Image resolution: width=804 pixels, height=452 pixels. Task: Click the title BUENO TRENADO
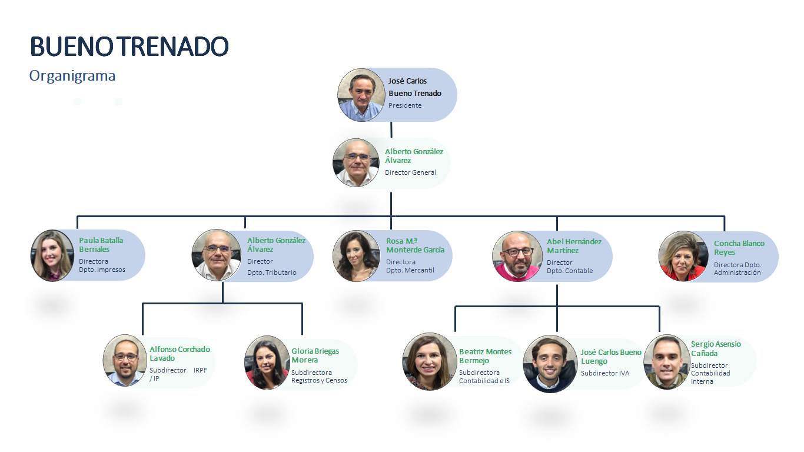(x=129, y=46)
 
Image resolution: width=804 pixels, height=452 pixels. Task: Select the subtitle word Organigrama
(x=72, y=76)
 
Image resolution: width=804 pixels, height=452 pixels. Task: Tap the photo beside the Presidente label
(x=361, y=95)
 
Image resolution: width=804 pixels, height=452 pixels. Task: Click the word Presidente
(x=405, y=105)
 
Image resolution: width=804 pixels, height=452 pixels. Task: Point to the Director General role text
(x=410, y=172)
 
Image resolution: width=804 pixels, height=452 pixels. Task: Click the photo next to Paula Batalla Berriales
(x=52, y=255)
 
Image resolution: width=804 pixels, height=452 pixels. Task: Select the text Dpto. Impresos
(x=102, y=270)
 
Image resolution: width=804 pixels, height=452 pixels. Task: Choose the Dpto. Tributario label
(x=271, y=272)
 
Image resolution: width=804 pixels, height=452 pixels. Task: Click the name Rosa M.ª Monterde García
(x=415, y=245)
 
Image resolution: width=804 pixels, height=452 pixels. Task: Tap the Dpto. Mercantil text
(x=410, y=271)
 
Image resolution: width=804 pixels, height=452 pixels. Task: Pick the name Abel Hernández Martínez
(x=574, y=246)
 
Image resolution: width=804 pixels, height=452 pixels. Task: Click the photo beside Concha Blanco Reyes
(x=683, y=256)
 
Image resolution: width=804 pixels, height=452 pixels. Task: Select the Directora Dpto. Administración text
(x=737, y=268)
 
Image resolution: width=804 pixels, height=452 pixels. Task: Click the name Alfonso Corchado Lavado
(x=180, y=354)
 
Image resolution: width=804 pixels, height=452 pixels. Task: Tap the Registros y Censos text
(x=319, y=380)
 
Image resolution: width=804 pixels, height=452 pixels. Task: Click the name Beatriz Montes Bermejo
(x=485, y=356)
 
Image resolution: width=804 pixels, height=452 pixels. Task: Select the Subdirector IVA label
(x=604, y=373)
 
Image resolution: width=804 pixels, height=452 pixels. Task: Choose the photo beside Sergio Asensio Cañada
(x=667, y=362)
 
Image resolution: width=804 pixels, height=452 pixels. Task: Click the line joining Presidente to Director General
(x=391, y=130)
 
